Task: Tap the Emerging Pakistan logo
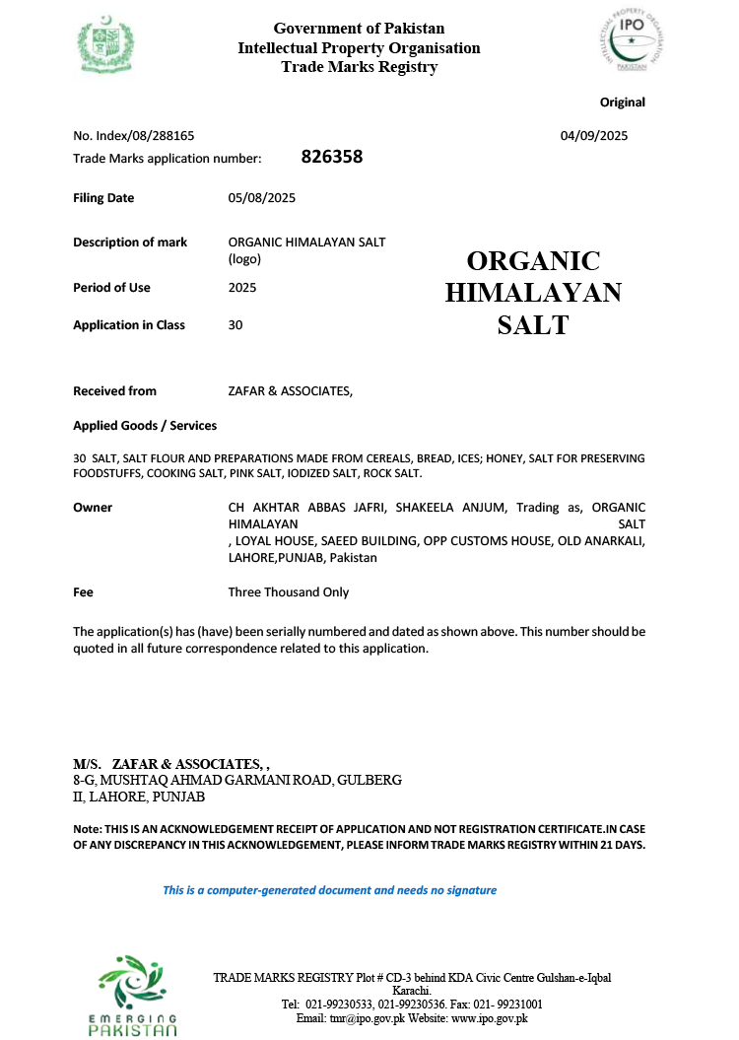click(133, 994)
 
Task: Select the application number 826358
click(331, 157)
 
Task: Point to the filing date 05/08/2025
click(261, 198)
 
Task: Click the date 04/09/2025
click(594, 136)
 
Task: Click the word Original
click(622, 103)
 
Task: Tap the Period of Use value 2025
click(242, 288)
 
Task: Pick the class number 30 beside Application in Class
click(235, 325)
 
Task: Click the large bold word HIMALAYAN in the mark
click(533, 293)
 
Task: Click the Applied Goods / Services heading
click(145, 426)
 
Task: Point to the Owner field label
click(93, 508)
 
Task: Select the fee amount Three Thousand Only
click(288, 592)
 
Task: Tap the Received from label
click(114, 391)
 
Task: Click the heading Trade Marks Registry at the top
click(359, 67)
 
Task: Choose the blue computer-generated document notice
click(329, 890)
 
